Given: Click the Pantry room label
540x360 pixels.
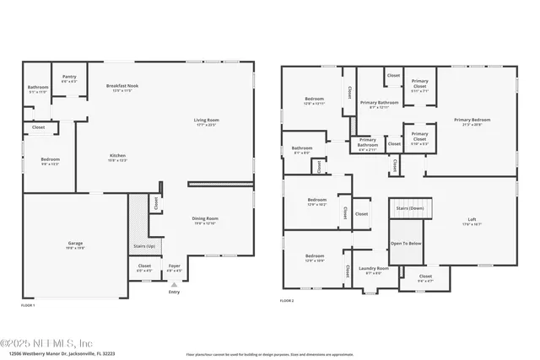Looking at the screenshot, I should point(69,77).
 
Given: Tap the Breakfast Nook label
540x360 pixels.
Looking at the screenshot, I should point(123,86).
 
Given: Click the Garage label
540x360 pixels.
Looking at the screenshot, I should point(75,244).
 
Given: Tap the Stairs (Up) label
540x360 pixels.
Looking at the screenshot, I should point(144,245).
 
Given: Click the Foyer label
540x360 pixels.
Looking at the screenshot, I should point(174,266).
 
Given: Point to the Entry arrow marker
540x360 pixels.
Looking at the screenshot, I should point(174,286).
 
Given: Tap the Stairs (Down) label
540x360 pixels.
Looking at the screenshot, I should point(411,204).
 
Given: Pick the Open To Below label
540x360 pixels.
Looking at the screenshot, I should point(405,243).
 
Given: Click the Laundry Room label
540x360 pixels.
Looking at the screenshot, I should point(373,269).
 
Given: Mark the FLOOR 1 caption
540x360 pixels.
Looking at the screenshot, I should point(28,304).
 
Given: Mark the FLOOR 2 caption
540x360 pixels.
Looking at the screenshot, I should point(287,300).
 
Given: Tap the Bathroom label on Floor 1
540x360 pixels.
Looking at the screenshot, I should point(38,87).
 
